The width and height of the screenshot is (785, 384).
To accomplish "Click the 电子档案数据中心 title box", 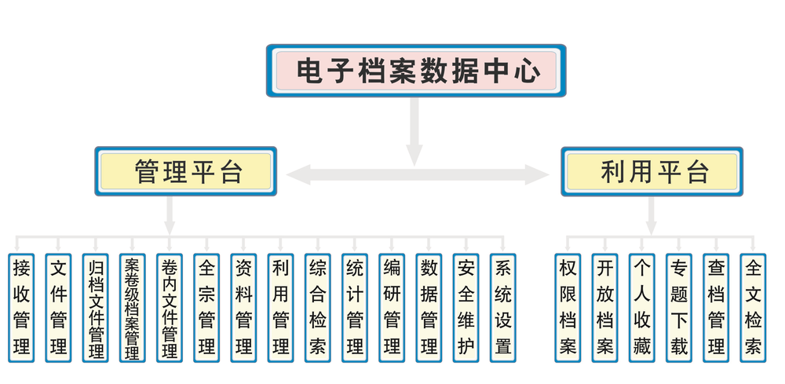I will (416, 71).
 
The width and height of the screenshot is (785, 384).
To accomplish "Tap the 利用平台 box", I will (652, 171).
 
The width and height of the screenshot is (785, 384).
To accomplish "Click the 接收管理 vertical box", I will (22, 307).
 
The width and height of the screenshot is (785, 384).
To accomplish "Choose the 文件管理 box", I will (58, 307).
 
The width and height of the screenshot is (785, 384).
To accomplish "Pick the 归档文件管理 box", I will (96, 307).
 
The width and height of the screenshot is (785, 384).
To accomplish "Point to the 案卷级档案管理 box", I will (132, 307).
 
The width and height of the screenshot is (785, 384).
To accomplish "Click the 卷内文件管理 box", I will (169, 307).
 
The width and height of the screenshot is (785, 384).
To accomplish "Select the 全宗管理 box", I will (206, 307).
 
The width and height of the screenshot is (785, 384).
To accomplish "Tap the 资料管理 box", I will (243, 307).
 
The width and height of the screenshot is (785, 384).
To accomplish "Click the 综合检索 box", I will (318, 307).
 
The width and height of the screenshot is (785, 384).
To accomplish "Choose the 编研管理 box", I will (392, 307).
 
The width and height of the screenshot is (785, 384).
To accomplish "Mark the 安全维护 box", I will (466, 307).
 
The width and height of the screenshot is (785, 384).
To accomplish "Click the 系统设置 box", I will (503, 307).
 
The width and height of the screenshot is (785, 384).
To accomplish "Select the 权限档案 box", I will (568, 307).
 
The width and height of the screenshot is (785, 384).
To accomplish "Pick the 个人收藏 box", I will (642, 307).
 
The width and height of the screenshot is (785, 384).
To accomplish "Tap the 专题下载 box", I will (679, 307).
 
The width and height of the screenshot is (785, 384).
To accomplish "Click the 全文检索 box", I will (753, 307).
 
